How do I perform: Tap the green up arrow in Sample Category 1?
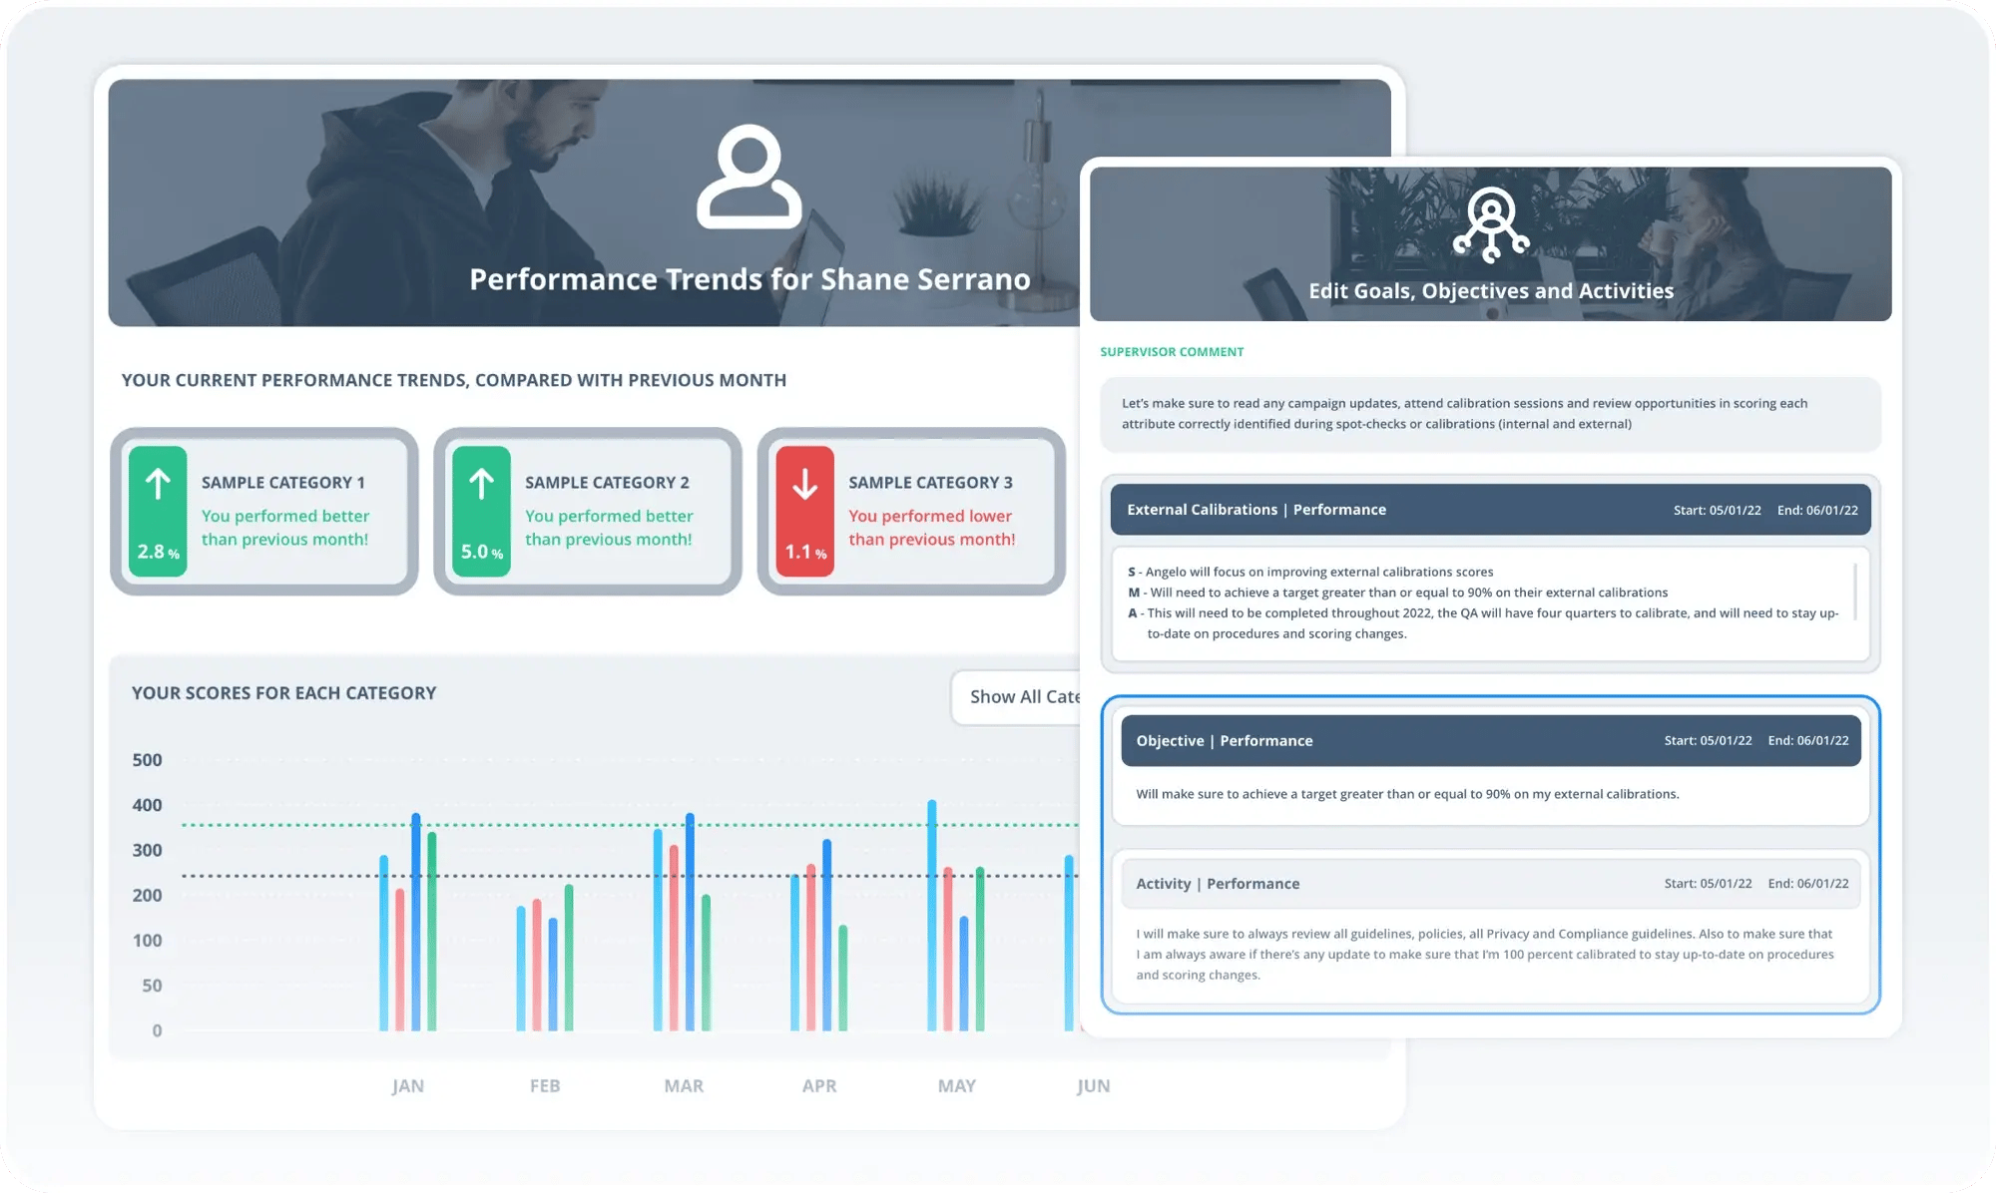[x=158, y=485]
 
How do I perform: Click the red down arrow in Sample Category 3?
[x=804, y=485]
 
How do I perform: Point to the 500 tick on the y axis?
[x=147, y=760]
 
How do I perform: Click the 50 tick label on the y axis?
[x=152, y=986]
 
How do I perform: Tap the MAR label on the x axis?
[x=684, y=1085]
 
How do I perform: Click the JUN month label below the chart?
[x=1093, y=1085]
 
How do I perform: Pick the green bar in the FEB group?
[x=569, y=958]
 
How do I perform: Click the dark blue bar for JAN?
[x=416, y=922]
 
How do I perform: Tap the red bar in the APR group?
[x=811, y=948]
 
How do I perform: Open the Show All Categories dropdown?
[x=1018, y=697]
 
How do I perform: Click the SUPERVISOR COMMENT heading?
[x=1172, y=352]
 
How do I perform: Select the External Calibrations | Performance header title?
[x=1255, y=510]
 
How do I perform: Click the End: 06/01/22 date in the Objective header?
[x=1807, y=741]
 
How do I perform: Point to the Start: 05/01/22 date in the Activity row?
[x=1708, y=884]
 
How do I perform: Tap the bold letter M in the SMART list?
[x=1134, y=593]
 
